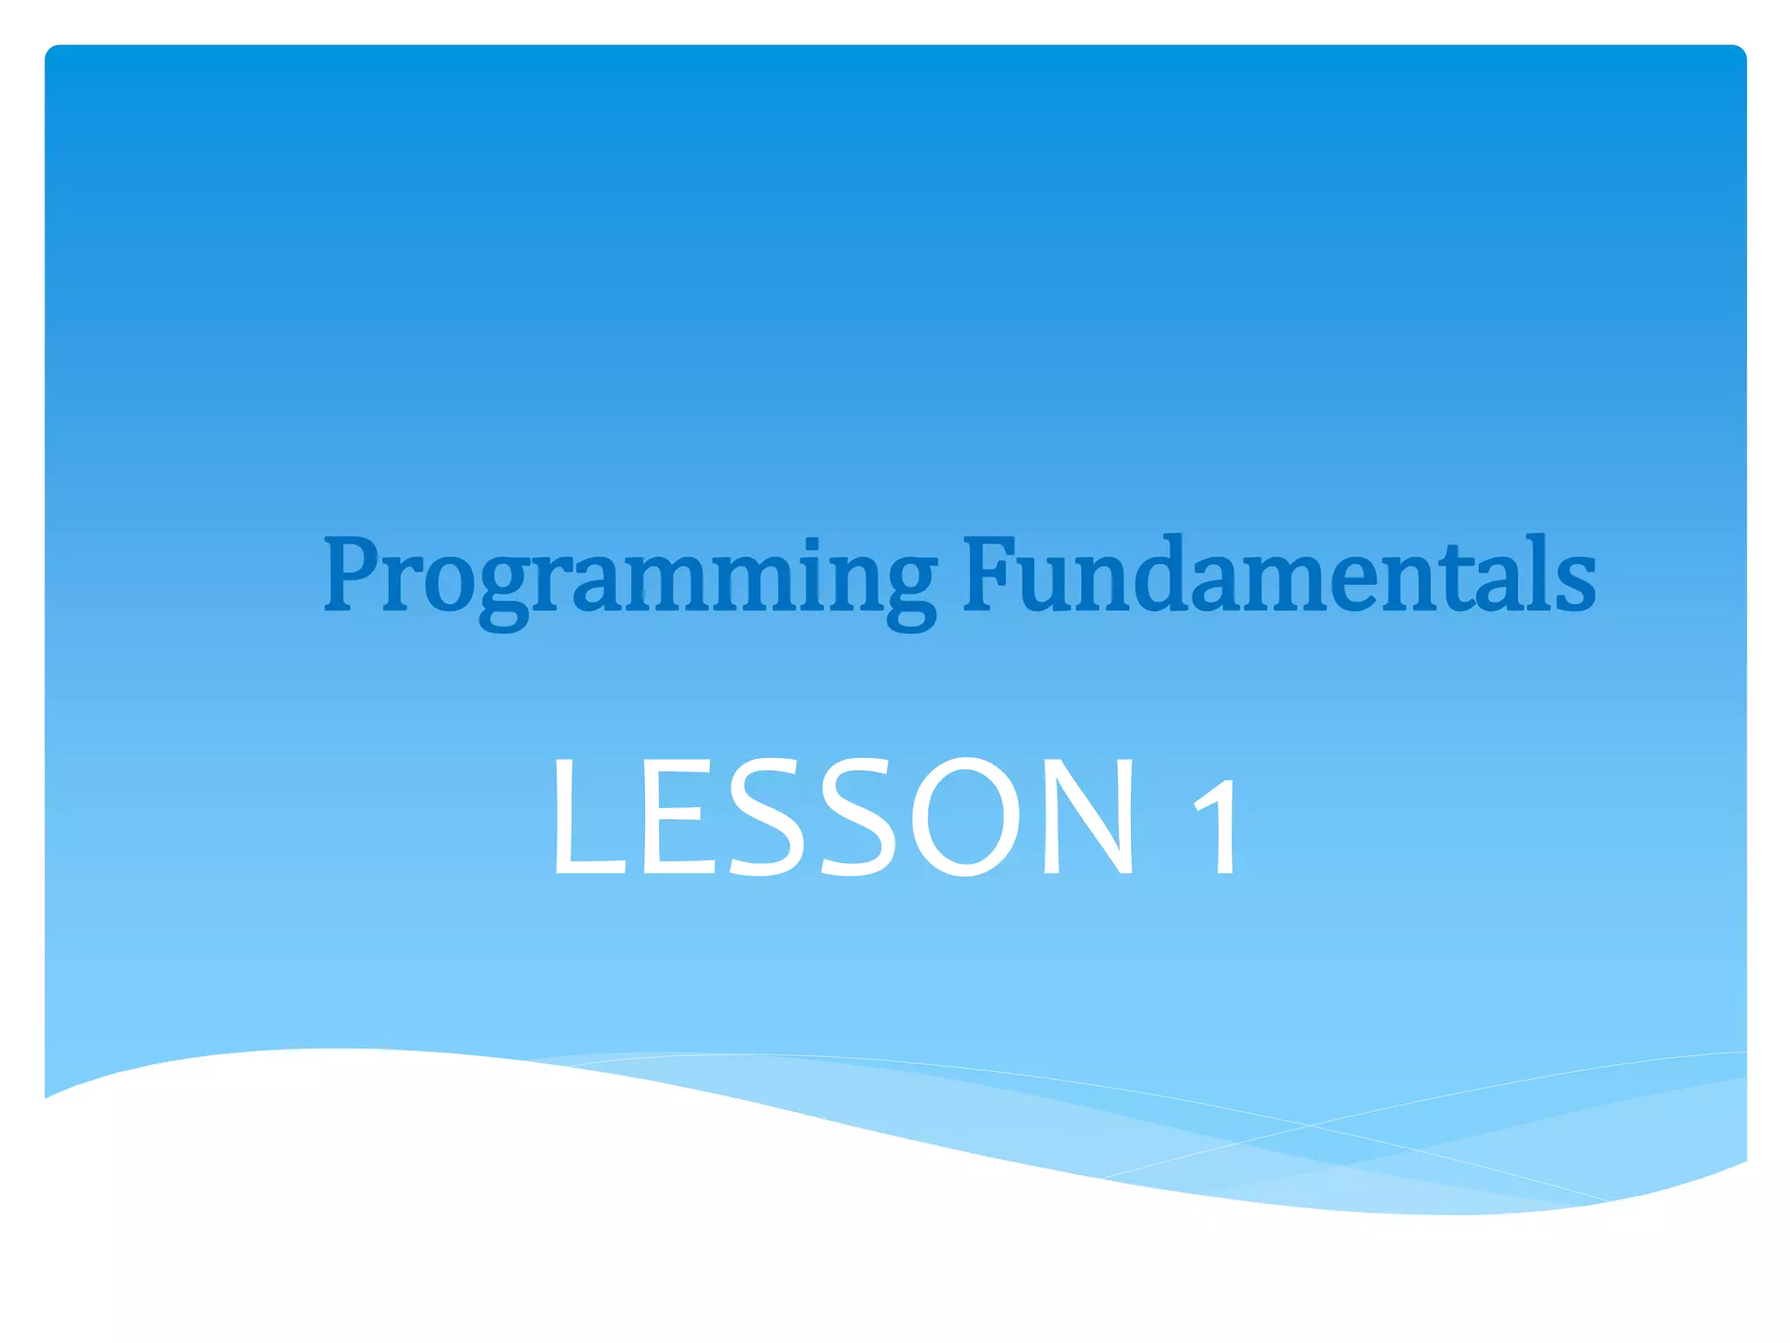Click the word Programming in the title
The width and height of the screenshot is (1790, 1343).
(629, 577)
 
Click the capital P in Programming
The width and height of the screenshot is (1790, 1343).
(354, 574)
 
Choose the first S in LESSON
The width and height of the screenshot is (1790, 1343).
(766, 818)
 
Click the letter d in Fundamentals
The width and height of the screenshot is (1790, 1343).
(1162, 574)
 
